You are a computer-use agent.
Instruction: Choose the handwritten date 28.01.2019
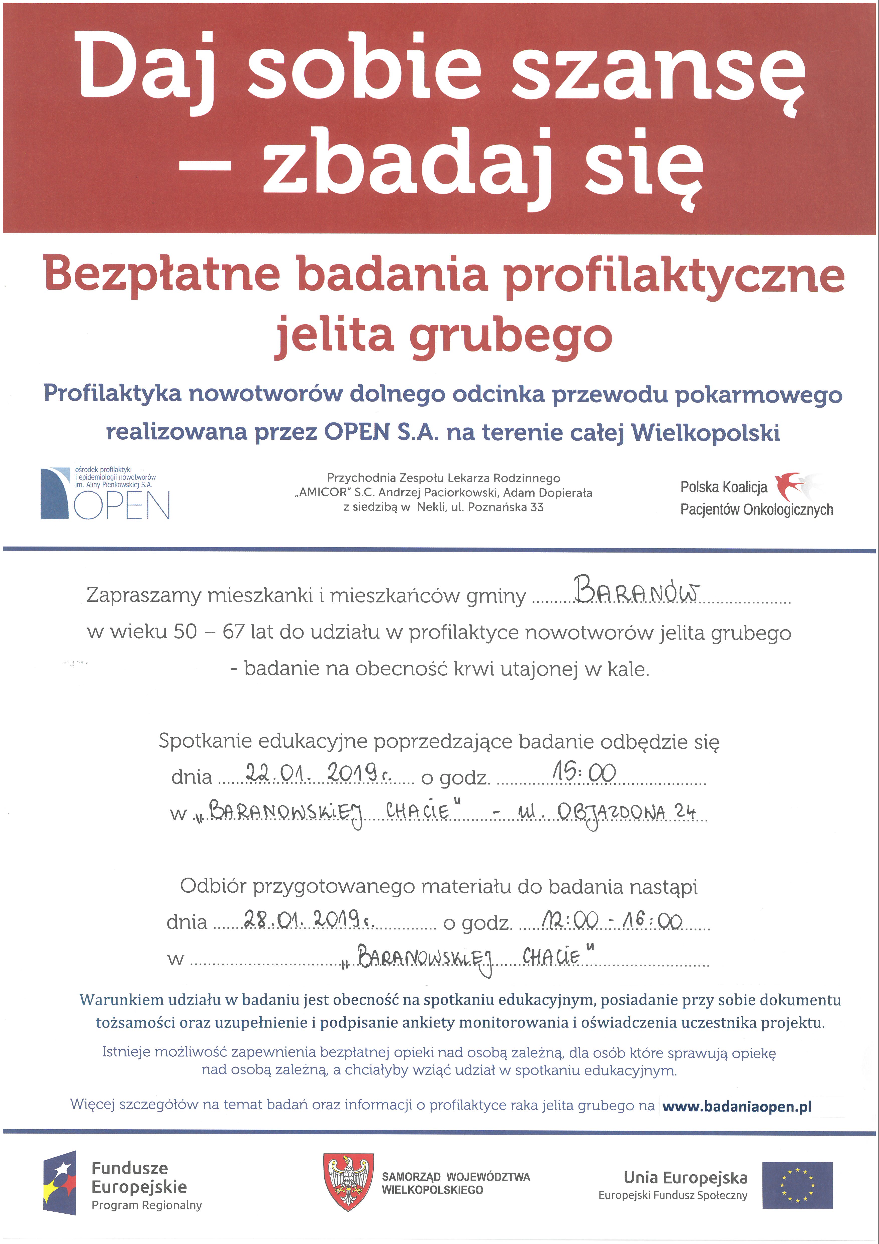[x=309, y=918]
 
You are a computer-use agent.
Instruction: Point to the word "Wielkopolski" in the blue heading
[x=705, y=432]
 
